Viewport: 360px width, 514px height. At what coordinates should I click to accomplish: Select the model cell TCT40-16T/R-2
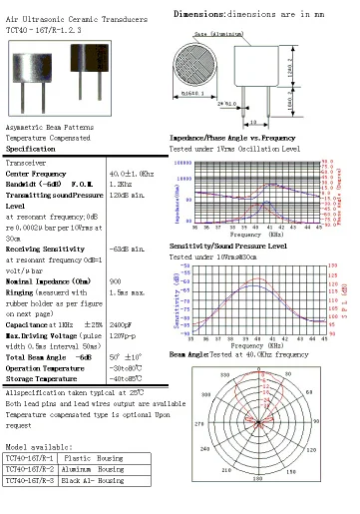[x=30, y=467]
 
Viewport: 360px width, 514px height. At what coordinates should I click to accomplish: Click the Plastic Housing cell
[x=96, y=456]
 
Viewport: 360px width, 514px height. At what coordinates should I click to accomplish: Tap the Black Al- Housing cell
[x=96, y=479]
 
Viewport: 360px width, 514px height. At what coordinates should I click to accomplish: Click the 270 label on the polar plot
[x=200, y=422]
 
